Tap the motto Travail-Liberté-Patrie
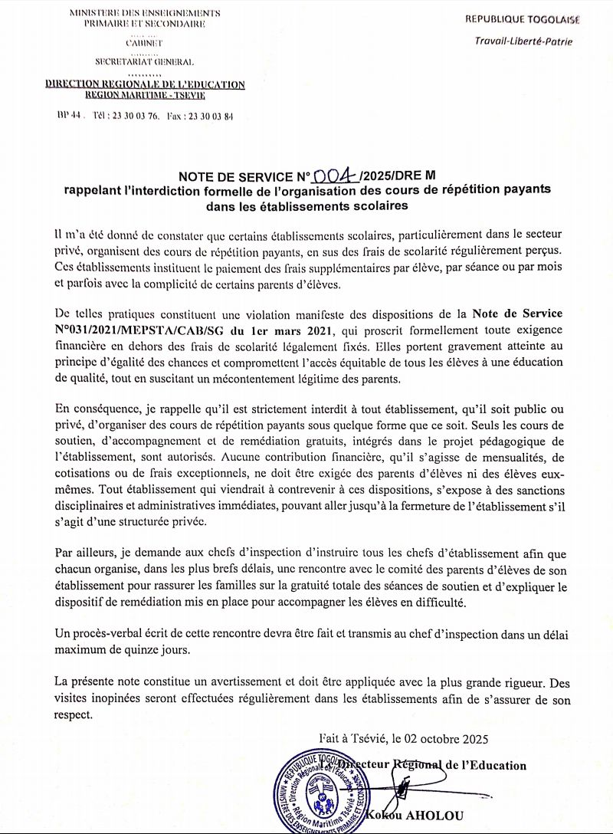pos(523,41)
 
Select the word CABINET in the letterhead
pos(144,43)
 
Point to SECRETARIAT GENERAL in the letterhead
pos(144,61)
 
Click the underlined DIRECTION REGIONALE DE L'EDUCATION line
pos(145,84)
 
